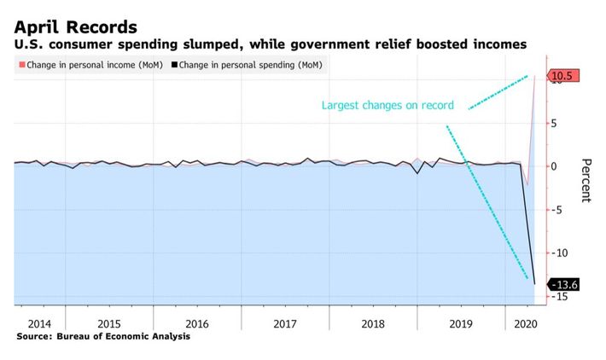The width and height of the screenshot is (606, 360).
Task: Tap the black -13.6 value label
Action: point(564,284)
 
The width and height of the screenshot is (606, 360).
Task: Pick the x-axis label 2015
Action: point(108,323)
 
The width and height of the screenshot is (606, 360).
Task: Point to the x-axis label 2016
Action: point(196,323)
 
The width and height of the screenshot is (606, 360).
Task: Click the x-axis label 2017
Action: point(284,323)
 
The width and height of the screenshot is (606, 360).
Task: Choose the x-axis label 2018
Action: point(372,323)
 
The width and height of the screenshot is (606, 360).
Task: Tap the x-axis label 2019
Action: point(460,323)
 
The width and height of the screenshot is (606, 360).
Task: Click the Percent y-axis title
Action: point(586,180)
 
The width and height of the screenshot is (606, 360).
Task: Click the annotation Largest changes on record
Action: point(388,107)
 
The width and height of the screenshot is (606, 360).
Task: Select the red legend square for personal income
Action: point(20,65)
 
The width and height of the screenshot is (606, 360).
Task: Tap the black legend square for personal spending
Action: point(174,65)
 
